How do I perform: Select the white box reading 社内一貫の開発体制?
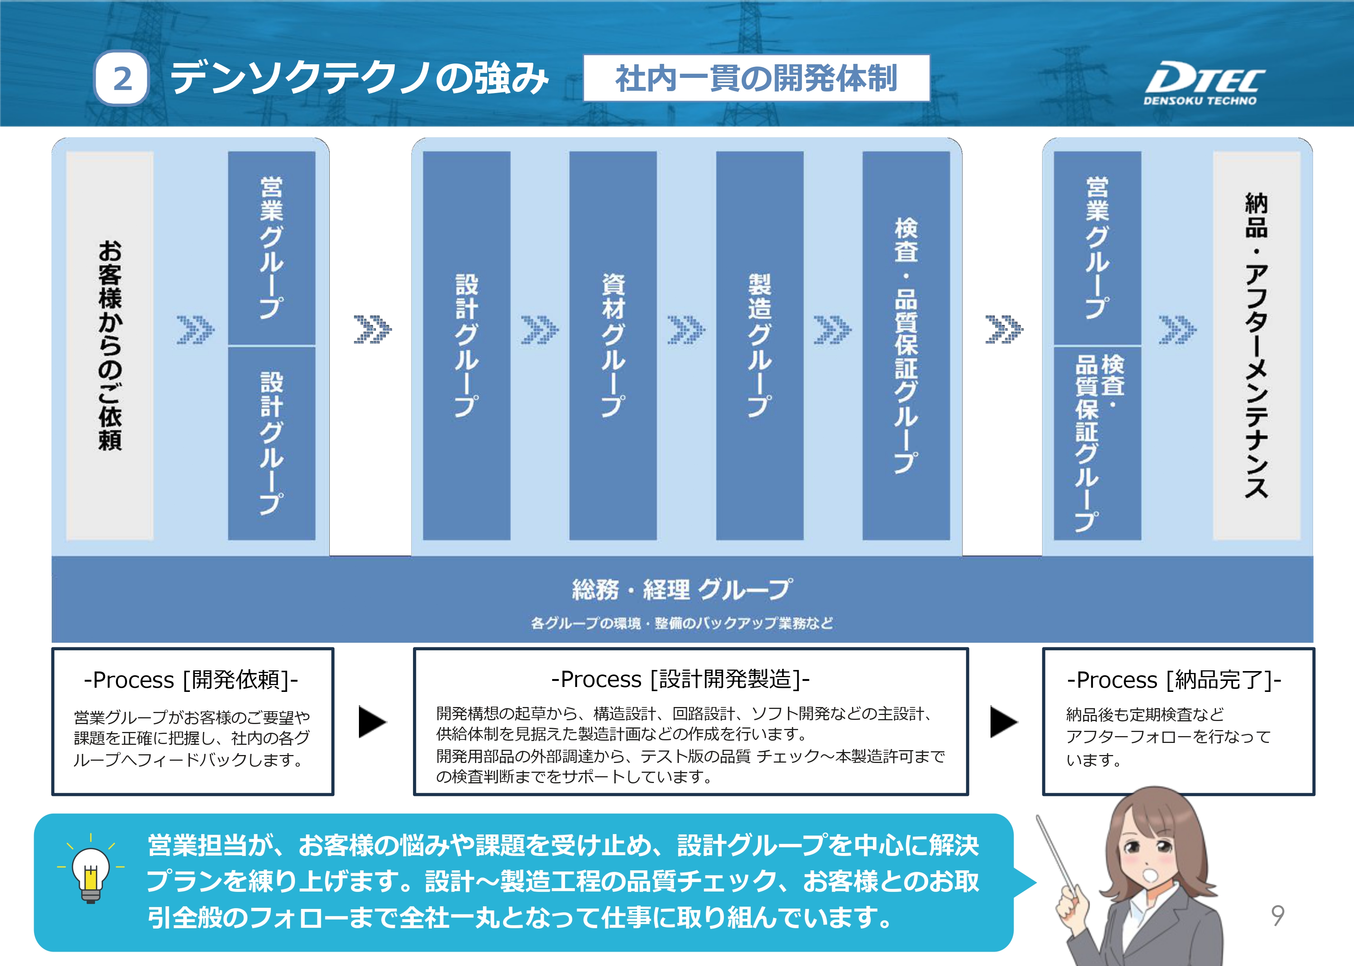click(x=756, y=78)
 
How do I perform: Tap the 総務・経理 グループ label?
click(x=682, y=589)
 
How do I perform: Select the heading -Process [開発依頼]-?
click(x=191, y=680)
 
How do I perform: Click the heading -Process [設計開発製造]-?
click(x=680, y=679)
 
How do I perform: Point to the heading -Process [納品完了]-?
click(x=1174, y=680)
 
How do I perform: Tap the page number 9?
click(x=1277, y=915)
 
